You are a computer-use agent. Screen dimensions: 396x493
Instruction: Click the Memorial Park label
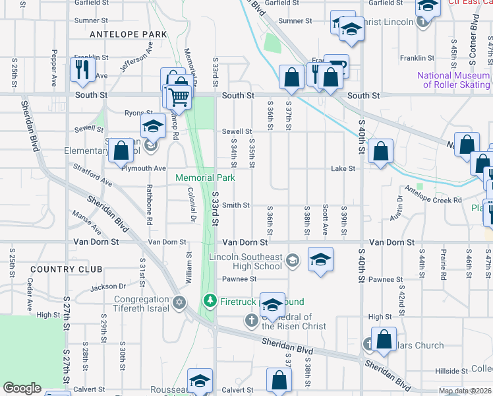point(205,178)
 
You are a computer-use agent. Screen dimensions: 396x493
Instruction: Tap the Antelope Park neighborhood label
point(128,34)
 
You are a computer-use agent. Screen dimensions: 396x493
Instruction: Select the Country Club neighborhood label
point(66,269)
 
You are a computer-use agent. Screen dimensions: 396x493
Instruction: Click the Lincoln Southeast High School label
point(245,261)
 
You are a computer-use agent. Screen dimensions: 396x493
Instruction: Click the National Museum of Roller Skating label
point(453,80)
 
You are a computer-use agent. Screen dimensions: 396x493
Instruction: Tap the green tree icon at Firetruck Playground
point(210,302)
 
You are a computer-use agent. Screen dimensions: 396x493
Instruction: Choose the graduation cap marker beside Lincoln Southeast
point(320,259)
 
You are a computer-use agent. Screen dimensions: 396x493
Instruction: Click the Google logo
point(22,387)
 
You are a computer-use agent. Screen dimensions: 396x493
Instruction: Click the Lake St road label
point(343,169)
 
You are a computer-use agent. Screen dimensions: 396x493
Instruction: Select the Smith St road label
point(235,205)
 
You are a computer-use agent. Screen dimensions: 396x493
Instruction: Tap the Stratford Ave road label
point(92,174)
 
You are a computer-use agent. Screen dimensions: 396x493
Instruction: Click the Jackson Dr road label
point(108,286)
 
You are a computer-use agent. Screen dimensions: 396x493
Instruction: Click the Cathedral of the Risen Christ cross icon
point(251,321)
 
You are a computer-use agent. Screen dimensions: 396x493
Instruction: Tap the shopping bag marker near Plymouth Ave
point(121,150)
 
